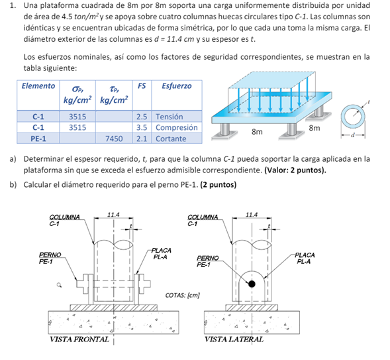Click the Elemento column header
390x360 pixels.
point(38,86)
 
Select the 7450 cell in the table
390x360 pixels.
point(114,139)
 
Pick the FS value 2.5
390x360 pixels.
point(142,117)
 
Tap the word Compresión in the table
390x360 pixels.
point(177,127)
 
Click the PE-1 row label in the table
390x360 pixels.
point(38,139)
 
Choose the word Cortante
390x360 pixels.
point(171,139)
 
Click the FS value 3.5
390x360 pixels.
point(142,127)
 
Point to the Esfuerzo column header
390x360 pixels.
point(177,86)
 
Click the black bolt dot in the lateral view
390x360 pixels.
point(252,284)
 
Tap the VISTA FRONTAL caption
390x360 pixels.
point(79,339)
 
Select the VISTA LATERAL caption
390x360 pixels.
point(234,339)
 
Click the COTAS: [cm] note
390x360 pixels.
point(183,295)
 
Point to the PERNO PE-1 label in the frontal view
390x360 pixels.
point(50,258)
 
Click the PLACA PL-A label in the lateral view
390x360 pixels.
point(305,258)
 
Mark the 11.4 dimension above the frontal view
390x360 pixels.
point(113,215)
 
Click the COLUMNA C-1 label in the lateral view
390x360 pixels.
point(203,220)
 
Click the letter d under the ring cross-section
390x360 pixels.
point(352,135)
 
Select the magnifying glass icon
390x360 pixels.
point(59,285)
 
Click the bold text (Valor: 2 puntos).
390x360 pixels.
point(295,170)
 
